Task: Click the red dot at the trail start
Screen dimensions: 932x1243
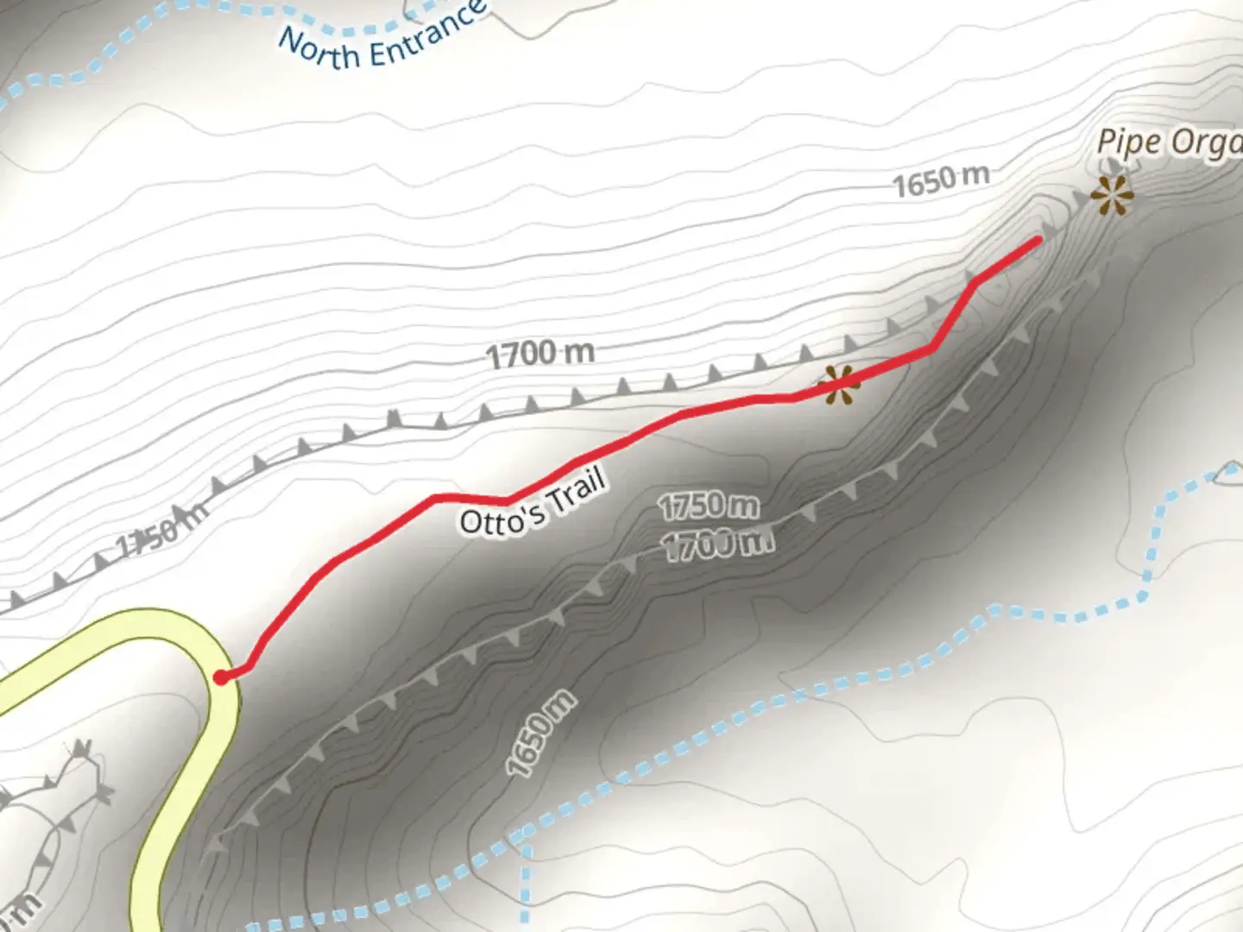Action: coord(222,677)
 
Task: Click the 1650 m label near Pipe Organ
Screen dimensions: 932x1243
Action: coord(940,180)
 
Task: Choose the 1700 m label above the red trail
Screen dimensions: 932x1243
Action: coord(540,353)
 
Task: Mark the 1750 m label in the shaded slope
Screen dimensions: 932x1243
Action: coord(709,506)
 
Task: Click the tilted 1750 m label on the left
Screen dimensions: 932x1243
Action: coord(161,533)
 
